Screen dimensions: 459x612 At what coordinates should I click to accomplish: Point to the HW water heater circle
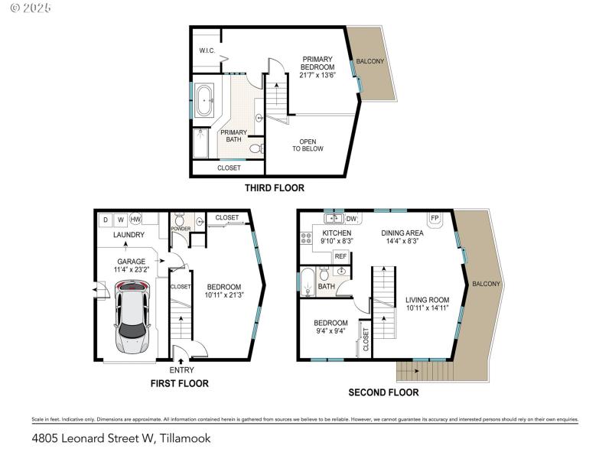point(135,220)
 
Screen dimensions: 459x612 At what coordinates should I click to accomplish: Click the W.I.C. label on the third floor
point(207,51)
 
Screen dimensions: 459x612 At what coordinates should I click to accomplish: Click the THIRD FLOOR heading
point(274,187)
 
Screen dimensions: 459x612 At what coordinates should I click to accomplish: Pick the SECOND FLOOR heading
point(383,392)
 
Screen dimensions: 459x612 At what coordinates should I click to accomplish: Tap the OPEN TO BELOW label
point(308,145)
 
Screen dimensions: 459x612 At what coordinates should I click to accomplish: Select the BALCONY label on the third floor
point(370,60)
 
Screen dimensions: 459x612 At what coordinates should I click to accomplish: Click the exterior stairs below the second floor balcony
point(425,371)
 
